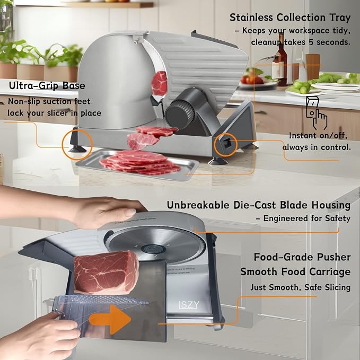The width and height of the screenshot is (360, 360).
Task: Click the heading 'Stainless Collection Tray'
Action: click(x=290, y=18)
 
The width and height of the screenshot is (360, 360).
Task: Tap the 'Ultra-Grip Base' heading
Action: click(x=47, y=86)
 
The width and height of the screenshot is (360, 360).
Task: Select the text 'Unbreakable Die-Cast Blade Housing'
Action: click(x=259, y=205)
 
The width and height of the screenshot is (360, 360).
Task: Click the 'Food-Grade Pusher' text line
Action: click(x=302, y=257)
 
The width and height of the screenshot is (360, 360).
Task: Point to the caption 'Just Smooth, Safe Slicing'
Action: click(x=300, y=287)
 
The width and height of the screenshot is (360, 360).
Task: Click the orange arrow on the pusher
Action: click(x=110, y=319)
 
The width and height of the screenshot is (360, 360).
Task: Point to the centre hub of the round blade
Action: click(x=153, y=249)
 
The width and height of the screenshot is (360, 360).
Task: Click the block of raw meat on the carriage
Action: click(x=106, y=273)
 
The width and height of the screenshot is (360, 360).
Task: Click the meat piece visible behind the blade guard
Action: click(x=160, y=83)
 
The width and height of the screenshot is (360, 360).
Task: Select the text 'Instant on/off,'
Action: click(x=318, y=135)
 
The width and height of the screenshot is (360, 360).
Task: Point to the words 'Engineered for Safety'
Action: click(x=307, y=218)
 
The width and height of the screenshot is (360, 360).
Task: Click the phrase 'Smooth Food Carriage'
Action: click(x=295, y=272)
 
